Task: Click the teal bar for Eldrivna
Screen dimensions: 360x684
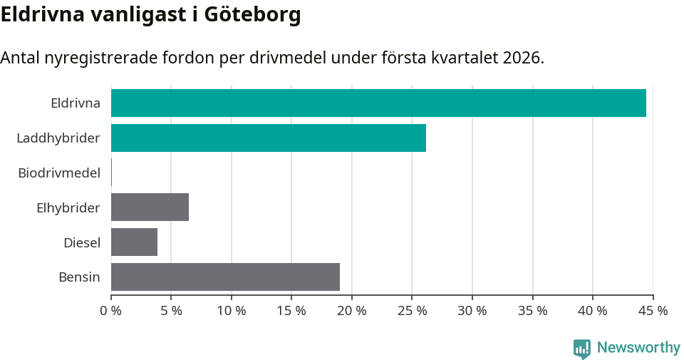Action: [x=378, y=103]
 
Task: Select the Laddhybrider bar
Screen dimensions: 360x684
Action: [x=269, y=138]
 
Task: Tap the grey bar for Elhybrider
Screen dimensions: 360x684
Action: [x=150, y=207]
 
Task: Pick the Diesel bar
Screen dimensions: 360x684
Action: [x=134, y=242]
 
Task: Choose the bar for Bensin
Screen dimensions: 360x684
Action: [x=225, y=277]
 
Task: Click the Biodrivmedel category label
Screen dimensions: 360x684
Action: [x=59, y=173]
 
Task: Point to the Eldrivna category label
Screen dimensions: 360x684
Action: [x=76, y=103]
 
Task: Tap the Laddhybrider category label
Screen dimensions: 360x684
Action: [x=58, y=138]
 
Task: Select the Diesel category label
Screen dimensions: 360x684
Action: [x=82, y=242]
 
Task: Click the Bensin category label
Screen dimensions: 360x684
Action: [x=79, y=277]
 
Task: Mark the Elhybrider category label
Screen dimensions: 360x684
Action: [x=68, y=207]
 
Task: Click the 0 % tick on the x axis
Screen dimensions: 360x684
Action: [x=111, y=311]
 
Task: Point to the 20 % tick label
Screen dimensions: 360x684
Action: [x=352, y=311]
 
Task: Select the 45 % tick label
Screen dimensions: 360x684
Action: [x=653, y=311]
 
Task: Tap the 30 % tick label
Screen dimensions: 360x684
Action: [x=472, y=311]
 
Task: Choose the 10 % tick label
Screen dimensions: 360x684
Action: [x=232, y=311]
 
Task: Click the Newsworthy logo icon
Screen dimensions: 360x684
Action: [x=582, y=348]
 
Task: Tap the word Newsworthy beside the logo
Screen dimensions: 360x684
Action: [x=638, y=348]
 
